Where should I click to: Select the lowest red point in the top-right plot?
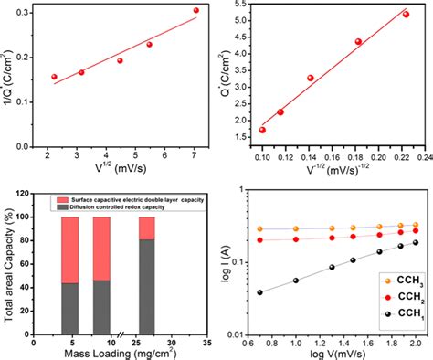pyautogui.click(x=262, y=130)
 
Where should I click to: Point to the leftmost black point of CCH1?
pyautogui.click(x=262, y=292)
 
